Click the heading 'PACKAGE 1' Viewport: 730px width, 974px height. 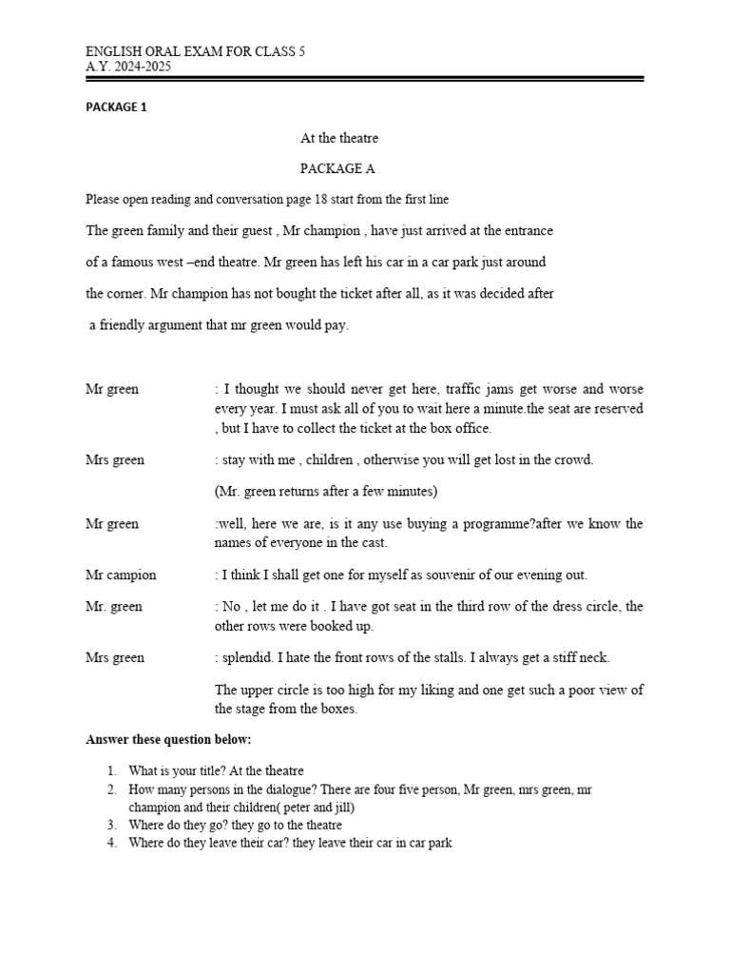(x=116, y=107)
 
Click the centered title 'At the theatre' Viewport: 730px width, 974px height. (x=339, y=138)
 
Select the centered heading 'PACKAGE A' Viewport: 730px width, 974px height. (x=338, y=168)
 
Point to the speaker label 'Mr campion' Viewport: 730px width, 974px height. (x=121, y=575)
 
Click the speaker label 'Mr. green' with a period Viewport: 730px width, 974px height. (x=113, y=606)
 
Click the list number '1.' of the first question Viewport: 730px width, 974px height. (x=111, y=770)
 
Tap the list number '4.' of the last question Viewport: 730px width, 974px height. (x=111, y=843)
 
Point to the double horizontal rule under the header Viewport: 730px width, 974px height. (x=365, y=80)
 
